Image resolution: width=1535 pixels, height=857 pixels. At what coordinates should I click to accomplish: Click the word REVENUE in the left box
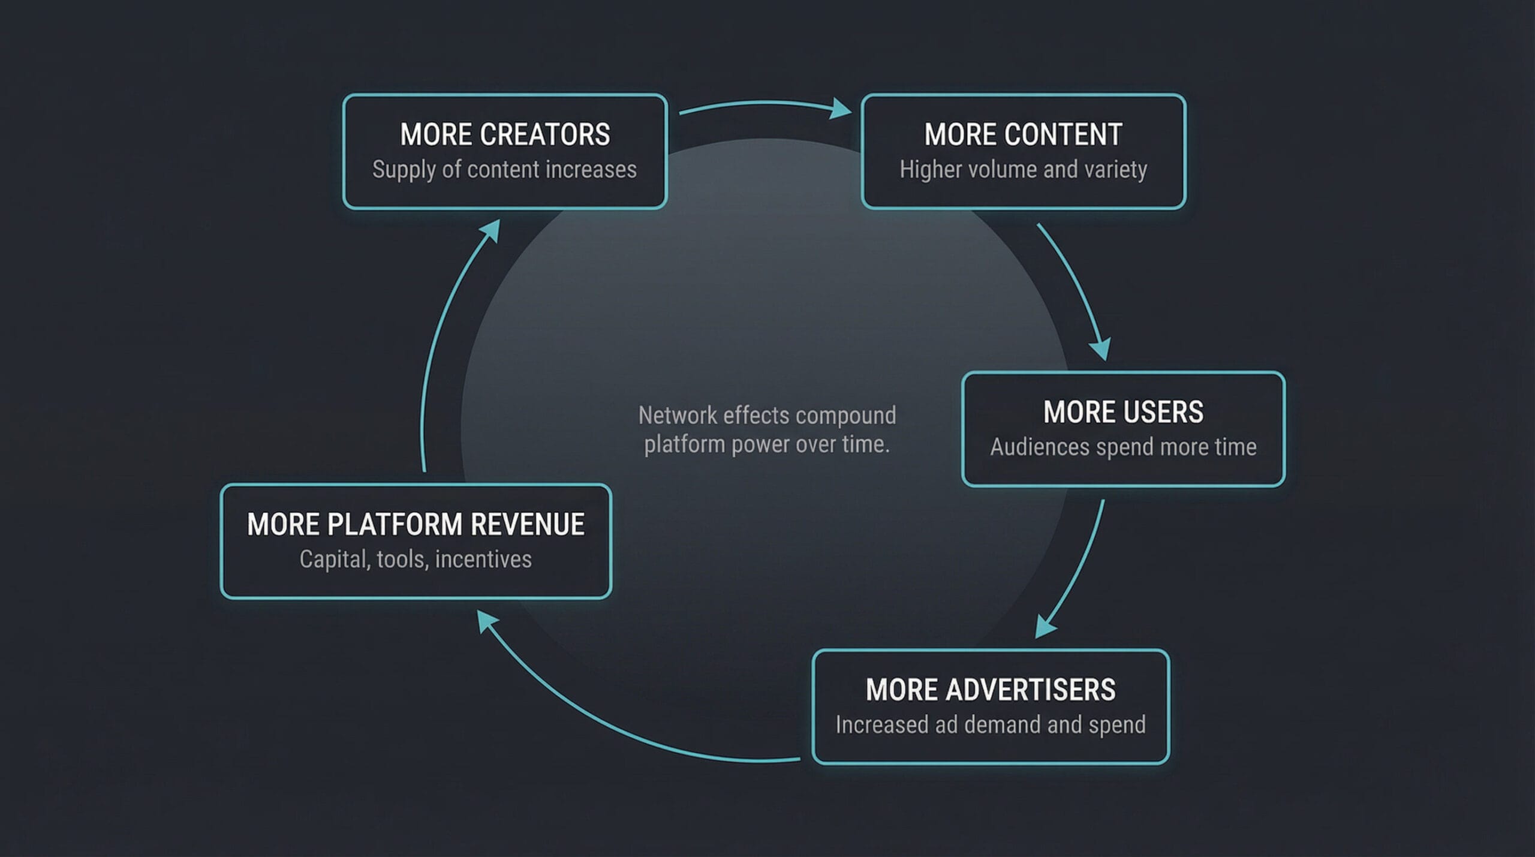(x=528, y=525)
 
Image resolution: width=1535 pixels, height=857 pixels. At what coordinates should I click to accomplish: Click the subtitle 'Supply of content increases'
(x=504, y=170)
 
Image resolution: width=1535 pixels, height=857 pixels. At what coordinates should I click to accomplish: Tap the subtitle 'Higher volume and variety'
(x=1023, y=170)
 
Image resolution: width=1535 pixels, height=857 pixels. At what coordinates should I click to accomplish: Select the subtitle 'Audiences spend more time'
(x=1123, y=447)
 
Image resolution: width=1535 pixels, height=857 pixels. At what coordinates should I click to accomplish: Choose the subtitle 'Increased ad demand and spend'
(x=991, y=725)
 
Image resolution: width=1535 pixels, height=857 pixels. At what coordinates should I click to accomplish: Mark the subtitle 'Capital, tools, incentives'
(x=416, y=560)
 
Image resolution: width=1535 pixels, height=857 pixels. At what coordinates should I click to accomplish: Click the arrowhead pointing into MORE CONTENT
(x=841, y=109)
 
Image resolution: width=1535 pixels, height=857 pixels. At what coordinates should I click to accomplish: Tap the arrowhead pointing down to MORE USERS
(x=1101, y=349)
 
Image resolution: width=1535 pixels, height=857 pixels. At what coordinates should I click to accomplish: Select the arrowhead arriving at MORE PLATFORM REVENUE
(x=486, y=621)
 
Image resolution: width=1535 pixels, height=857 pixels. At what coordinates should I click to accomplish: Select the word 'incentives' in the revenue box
(x=483, y=560)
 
